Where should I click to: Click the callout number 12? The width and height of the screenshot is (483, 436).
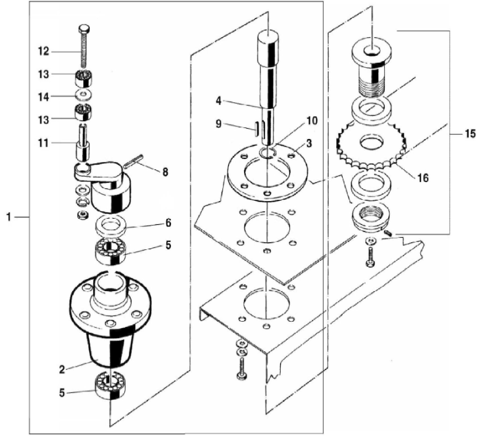pyautogui.click(x=44, y=51)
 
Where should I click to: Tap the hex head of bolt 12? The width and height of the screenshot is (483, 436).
pyautogui.click(x=84, y=28)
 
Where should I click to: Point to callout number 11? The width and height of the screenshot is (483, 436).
pyautogui.click(x=44, y=143)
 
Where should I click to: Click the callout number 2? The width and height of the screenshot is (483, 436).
pyautogui.click(x=62, y=370)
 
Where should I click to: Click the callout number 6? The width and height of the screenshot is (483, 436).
pyautogui.click(x=168, y=223)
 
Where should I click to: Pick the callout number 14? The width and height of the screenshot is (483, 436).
pyautogui.click(x=44, y=97)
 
